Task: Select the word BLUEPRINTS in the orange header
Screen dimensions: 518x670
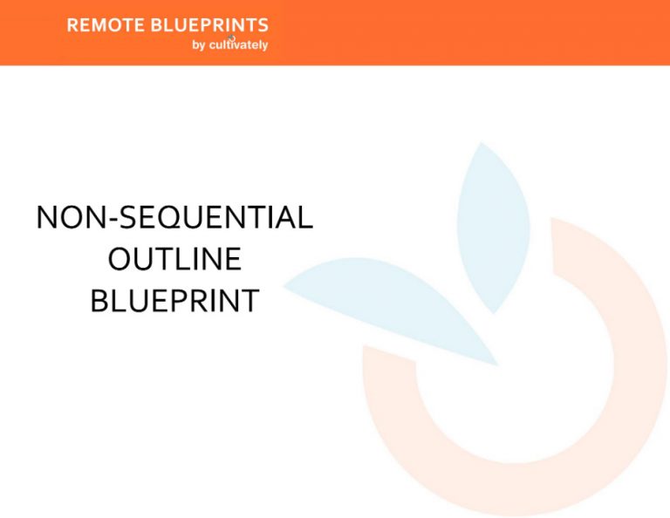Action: coord(209,25)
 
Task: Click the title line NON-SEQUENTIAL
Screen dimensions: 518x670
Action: coord(174,217)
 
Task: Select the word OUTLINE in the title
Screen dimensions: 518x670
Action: coord(174,259)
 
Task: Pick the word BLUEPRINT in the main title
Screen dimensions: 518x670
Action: coord(174,301)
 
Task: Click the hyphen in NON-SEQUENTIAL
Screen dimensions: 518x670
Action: coord(107,219)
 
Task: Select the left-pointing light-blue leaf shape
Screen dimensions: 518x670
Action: coord(393,310)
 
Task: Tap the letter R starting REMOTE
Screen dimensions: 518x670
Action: coord(72,25)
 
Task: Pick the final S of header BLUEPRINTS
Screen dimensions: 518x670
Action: coord(263,25)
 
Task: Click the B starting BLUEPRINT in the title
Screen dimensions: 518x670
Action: coord(98,301)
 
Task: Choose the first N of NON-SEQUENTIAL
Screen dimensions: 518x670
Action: coord(47,217)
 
